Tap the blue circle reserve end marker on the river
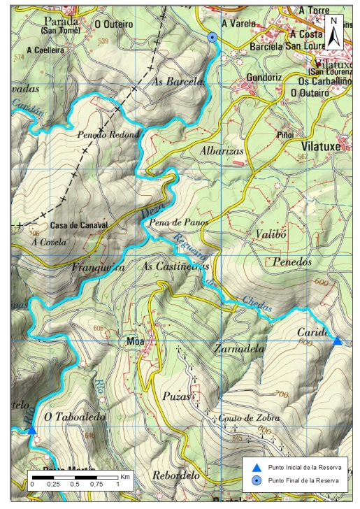(x=213, y=37)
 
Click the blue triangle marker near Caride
(x=337, y=340)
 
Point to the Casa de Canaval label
(x=79, y=225)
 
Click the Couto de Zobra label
(x=241, y=417)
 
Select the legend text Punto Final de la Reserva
(x=298, y=480)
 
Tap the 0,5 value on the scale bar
(x=75, y=484)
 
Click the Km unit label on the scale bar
(x=124, y=476)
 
